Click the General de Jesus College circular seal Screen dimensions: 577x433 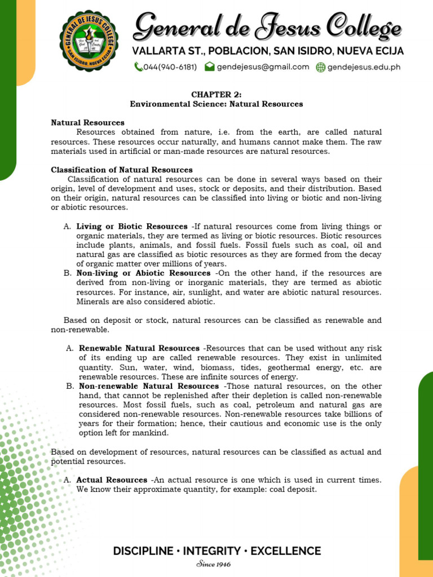[x=89, y=40]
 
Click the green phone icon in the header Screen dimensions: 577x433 [x=138, y=67]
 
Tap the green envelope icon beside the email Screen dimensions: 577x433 [x=209, y=66]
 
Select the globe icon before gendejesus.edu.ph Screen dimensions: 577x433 [x=320, y=67]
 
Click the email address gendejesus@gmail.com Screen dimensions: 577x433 [x=263, y=66]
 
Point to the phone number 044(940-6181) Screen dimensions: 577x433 [x=170, y=67]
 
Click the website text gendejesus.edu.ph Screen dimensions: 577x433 [x=364, y=67]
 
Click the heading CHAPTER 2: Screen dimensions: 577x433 [x=216, y=94]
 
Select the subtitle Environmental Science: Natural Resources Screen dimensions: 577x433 [x=216, y=104]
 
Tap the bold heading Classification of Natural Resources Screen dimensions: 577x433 [x=122, y=170]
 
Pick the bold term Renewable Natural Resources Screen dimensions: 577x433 [x=139, y=348]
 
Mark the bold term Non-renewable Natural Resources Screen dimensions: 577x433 [x=149, y=386]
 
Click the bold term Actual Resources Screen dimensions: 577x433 [x=112, y=480]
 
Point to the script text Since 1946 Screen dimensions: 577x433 [x=214, y=564]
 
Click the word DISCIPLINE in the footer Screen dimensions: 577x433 [x=143, y=551]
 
